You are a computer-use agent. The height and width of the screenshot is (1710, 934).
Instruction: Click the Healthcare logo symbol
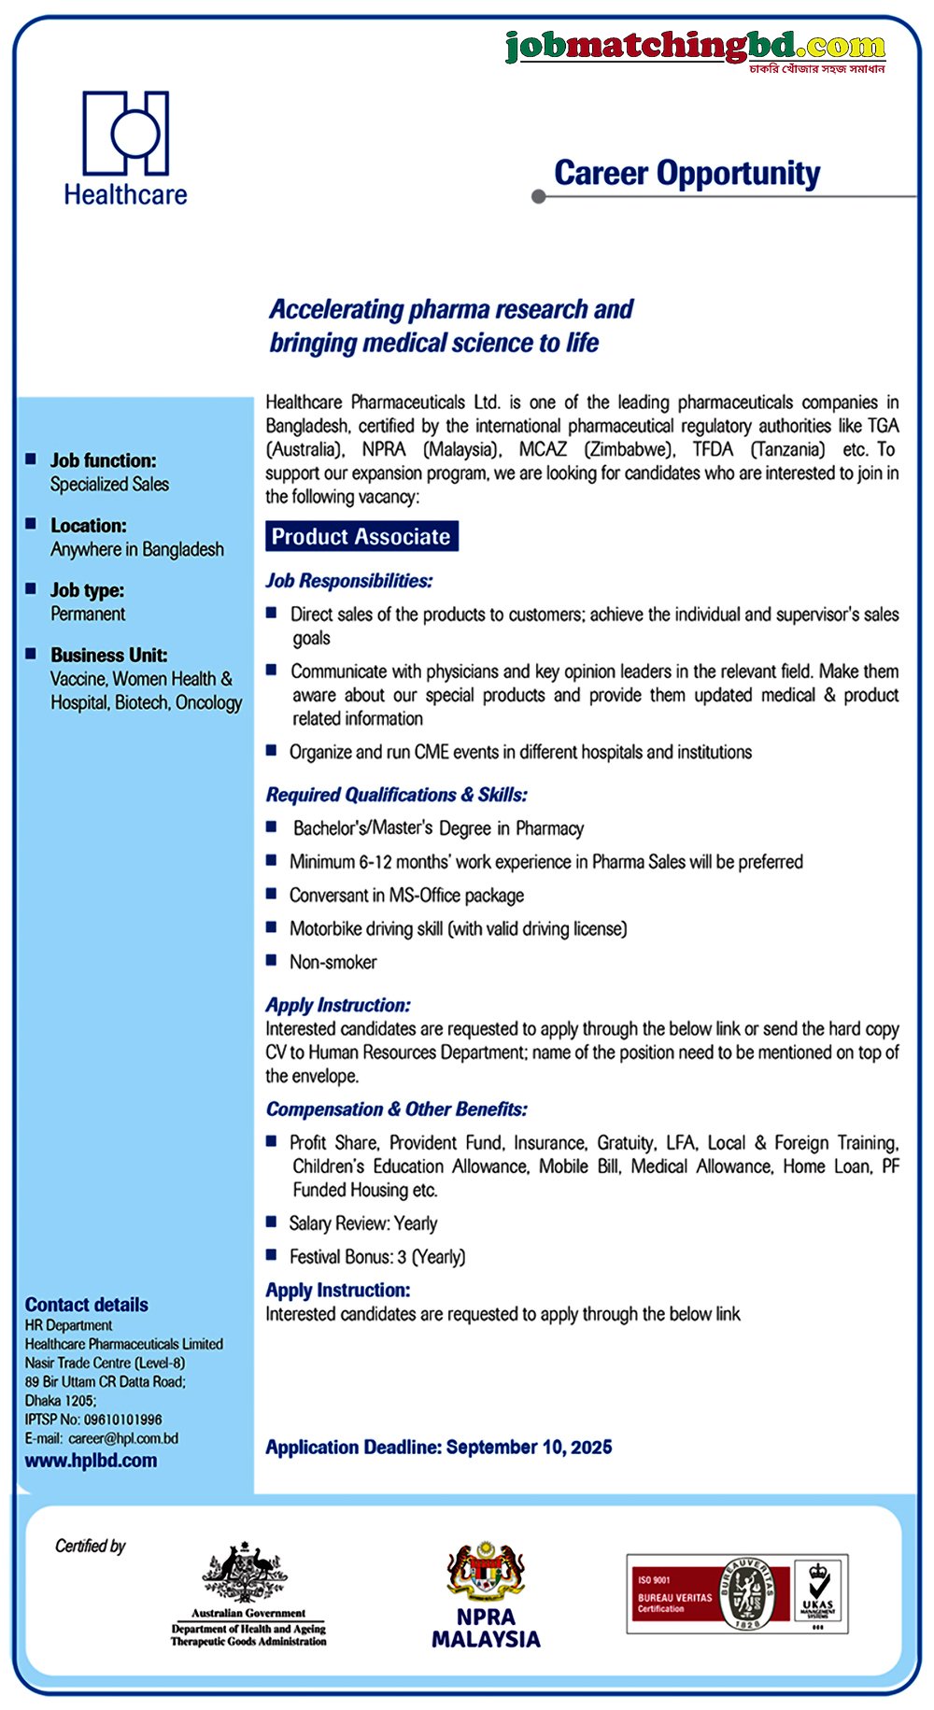[126, 133]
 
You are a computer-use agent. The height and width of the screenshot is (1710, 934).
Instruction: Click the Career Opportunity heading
[686, 174]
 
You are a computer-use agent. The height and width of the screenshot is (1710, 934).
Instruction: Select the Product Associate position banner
[361, 537]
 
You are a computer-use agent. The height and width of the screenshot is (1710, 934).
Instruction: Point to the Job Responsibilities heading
[349, 581]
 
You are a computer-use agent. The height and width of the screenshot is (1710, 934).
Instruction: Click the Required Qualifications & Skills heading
[397, 795]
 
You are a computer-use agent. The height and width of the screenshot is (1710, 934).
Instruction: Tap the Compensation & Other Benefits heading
[397, 1109]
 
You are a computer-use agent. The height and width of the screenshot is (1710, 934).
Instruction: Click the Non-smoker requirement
[333, 962]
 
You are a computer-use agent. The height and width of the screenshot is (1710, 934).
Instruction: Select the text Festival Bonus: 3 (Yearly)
[377, 1257]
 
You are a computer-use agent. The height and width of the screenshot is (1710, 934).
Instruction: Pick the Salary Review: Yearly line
[363, 1223]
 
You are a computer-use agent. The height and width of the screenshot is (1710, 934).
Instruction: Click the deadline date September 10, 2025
[530, 1448]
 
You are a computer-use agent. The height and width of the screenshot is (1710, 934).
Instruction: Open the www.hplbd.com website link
[91, 1461]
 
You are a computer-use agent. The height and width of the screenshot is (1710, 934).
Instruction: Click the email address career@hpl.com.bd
[123, 1438]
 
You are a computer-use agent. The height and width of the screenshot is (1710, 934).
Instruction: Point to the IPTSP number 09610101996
[123, 1420]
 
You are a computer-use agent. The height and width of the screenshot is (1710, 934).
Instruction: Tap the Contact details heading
[87, 1305]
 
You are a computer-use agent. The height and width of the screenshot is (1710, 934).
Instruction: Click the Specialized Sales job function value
[109, 484]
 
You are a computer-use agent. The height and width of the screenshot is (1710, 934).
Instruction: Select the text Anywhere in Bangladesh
[137, 549]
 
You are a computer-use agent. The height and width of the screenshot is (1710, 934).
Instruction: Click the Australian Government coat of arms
[247, 1574]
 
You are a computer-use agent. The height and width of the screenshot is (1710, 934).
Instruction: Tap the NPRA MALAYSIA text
[486, 1628]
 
